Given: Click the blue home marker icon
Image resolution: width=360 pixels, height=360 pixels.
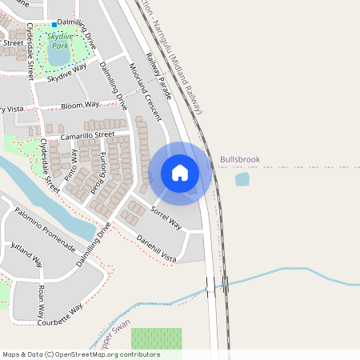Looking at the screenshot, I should pos(180,173).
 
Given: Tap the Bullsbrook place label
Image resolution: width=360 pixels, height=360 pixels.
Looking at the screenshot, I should pos(240,160).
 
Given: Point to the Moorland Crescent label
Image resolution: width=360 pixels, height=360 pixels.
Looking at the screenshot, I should pos(143,87).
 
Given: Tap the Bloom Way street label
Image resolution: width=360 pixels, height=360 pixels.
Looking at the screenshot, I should pos(81,105).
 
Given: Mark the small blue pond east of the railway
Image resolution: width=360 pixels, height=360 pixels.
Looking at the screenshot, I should pos(242,179).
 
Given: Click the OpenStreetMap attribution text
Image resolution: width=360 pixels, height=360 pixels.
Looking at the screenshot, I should pos(81,354).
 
